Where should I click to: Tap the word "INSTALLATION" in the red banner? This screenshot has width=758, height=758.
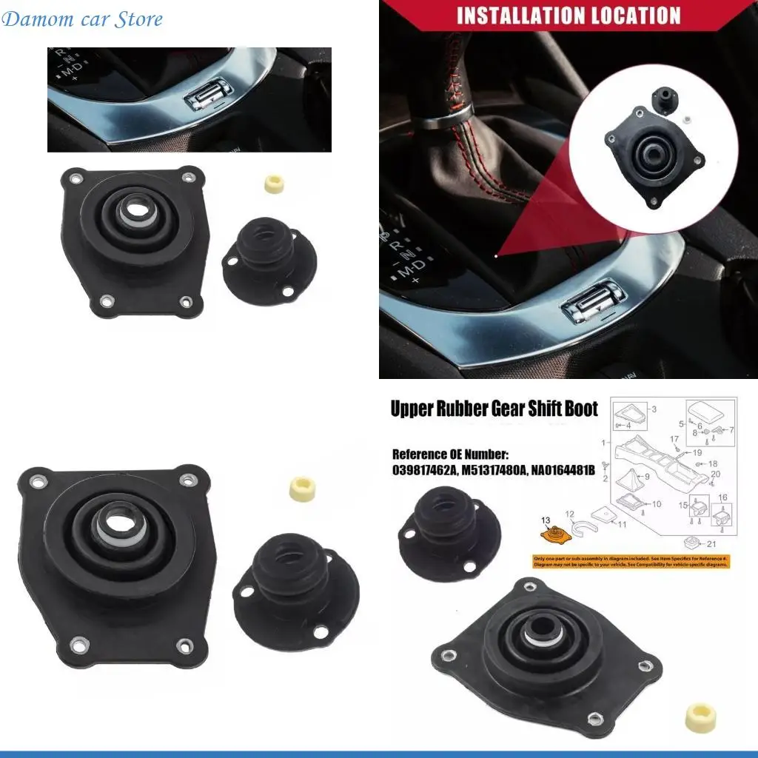tap(525, 16)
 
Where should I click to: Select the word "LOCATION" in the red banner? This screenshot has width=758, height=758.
tap(637, 16)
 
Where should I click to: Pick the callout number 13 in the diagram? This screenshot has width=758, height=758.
tap(546, 520)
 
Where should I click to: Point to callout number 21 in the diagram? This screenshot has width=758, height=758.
tap(714, 545)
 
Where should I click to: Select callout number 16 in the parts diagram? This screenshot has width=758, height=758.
tap(722, 497)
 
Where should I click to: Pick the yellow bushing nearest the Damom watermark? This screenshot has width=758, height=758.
tap(275, 185)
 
